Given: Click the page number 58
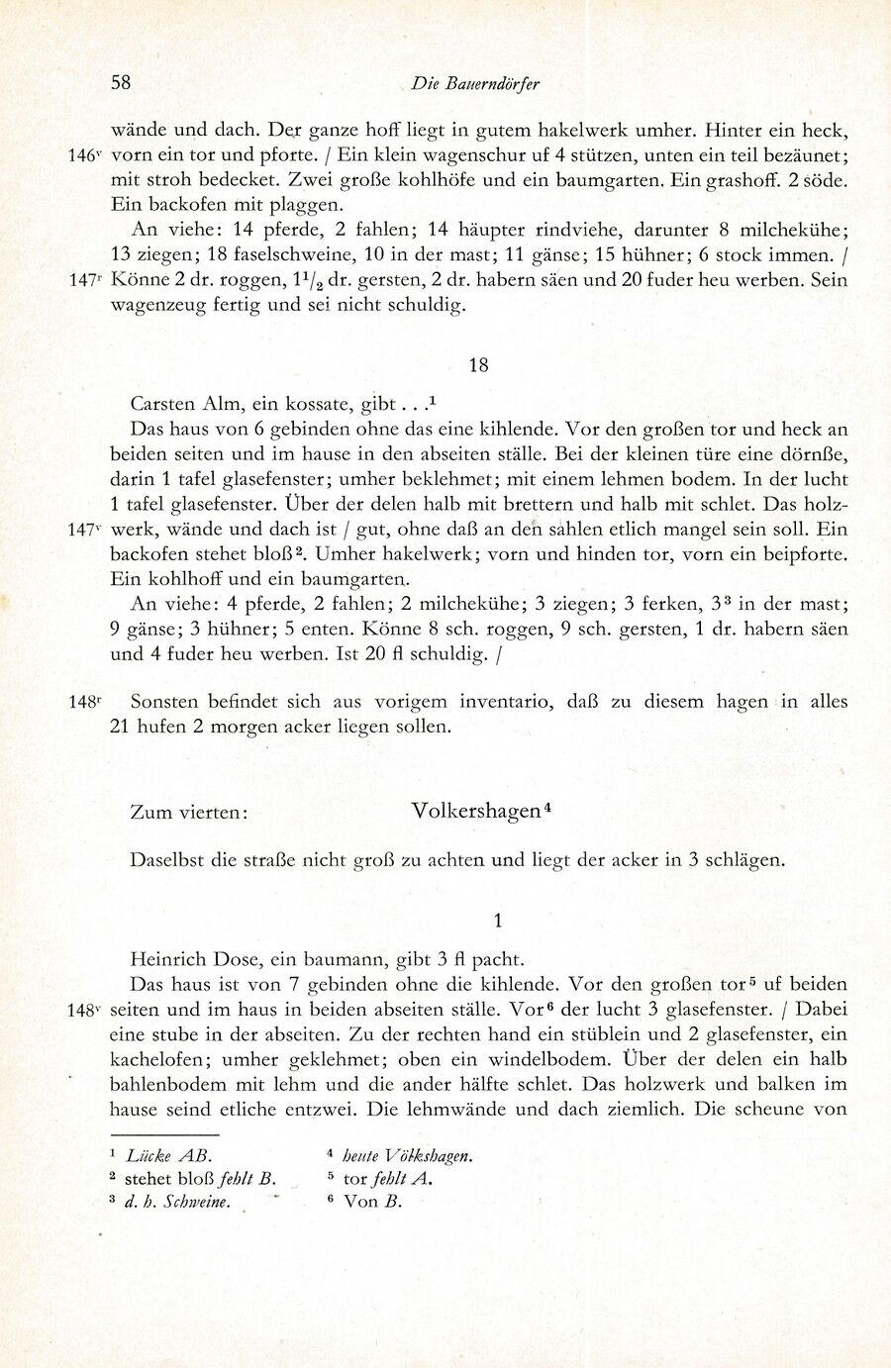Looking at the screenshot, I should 121,82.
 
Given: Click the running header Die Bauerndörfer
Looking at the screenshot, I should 476,83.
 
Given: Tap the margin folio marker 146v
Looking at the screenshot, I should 85,155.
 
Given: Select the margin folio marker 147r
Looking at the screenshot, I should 85,280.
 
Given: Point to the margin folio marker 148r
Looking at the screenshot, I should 85,702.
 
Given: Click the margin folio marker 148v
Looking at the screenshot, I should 85,1011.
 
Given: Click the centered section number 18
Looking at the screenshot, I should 478,365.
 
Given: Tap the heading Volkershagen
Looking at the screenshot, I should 476,810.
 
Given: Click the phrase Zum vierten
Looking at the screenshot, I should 188,812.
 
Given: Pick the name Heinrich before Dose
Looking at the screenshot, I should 168,959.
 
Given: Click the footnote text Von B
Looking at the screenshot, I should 372,1203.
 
